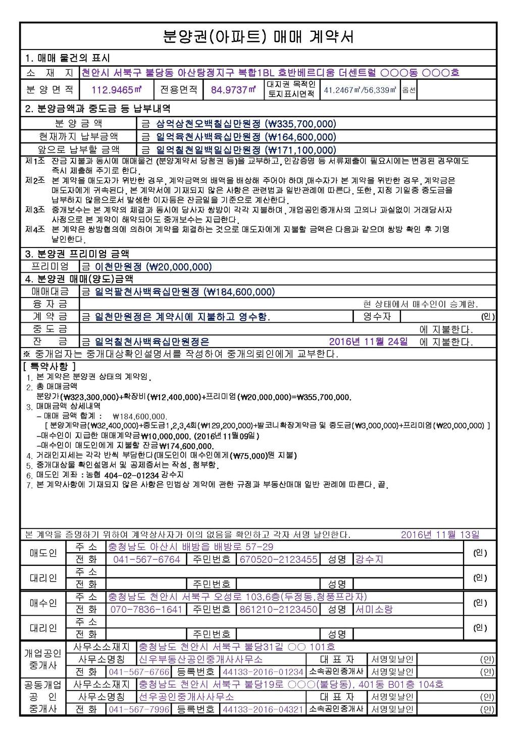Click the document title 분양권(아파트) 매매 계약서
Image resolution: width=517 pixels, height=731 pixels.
tap(258, 36)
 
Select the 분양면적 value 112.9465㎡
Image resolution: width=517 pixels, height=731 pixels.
tap(116, 90)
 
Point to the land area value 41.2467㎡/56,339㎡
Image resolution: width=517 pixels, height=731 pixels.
tap(360, 90)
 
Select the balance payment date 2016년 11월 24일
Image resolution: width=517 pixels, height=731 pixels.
tap(369, 342)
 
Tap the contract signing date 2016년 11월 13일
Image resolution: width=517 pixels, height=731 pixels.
tap(440, 534)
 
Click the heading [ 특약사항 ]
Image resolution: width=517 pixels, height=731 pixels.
tap(49, 366)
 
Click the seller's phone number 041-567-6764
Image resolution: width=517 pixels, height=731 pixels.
tap(146, 559)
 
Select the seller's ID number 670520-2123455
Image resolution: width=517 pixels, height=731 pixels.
tap(279, 559)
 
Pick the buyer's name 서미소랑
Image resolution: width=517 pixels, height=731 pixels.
tap(374, 609)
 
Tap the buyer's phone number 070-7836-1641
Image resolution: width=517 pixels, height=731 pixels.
tap(146, 609)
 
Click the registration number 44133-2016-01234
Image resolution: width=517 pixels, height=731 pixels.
tap(263, 672)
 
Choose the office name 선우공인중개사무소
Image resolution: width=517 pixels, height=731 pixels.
tap(186, 697)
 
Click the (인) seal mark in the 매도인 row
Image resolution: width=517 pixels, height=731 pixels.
tap(480, 553)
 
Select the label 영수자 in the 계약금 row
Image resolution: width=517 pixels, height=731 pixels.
tap(377, 317)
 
